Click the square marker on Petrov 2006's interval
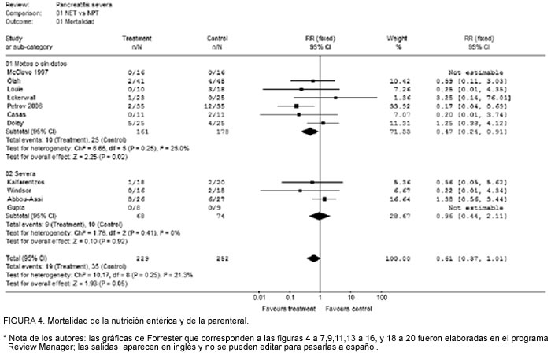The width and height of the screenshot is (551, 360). [296, 105]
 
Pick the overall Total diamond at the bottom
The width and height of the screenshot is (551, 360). [314, 257]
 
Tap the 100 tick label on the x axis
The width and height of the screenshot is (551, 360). [383, 297]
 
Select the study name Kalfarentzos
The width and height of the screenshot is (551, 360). [25, 181]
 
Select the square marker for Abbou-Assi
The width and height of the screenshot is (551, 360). [325, 199]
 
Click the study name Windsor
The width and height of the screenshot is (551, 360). [19, 190]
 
